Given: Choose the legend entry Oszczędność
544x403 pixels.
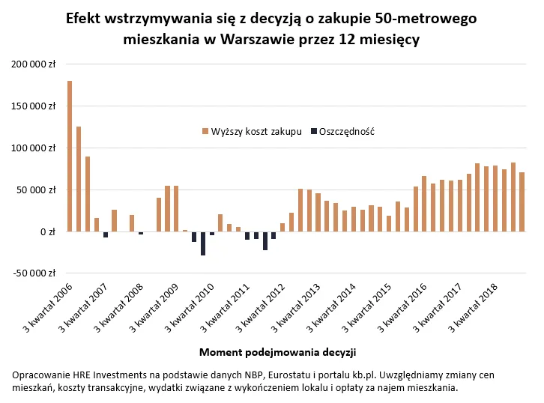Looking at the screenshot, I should click(346, 132).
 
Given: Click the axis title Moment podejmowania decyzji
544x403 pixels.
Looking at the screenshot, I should click(277, 351).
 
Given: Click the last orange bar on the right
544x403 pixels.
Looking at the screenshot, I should click(522, 202).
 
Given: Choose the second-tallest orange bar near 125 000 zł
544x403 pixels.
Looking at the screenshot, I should click(79, 179).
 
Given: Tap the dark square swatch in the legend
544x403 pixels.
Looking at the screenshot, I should click(312, 132).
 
